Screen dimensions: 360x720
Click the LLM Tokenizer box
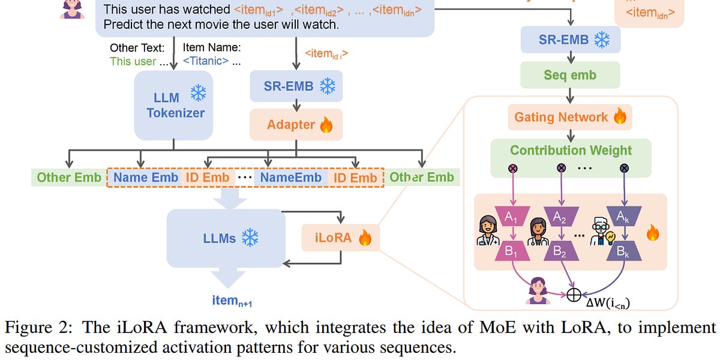point(173,106)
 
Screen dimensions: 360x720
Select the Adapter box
point(296,125)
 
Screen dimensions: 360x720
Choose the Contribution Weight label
point(571,150)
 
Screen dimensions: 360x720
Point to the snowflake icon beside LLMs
point(250,238)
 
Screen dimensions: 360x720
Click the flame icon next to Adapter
point(326,125)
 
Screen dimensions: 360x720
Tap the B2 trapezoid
point(560,252)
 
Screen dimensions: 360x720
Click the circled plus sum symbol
point(574,294)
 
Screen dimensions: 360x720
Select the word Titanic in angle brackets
point(205,61)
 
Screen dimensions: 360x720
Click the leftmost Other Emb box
point(68,177)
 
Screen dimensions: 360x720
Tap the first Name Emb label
point(145,177)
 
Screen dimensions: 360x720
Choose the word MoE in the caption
point(455,328)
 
